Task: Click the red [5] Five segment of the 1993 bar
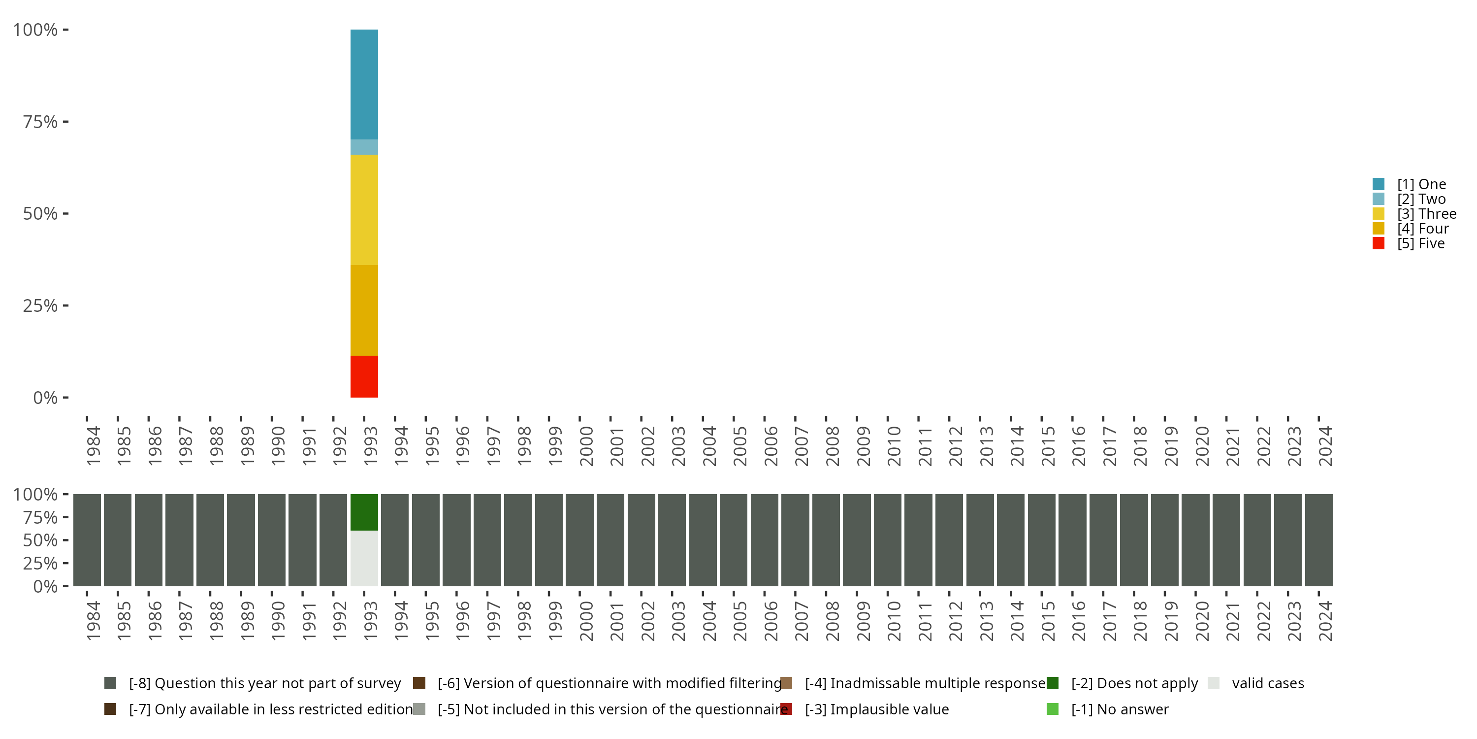364,376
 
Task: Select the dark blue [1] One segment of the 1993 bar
364,84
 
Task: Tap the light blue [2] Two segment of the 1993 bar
364,147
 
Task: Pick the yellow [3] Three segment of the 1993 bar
364,209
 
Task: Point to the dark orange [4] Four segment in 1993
364,310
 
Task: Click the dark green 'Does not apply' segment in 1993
364,512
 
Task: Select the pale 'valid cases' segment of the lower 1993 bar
364,558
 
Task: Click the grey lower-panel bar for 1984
87,540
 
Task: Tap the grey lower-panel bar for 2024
1318,540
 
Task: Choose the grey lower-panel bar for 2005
734,540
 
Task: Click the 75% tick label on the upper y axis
40,122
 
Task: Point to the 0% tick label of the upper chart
45,398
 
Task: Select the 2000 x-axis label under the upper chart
586,446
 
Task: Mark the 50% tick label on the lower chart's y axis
40,540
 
